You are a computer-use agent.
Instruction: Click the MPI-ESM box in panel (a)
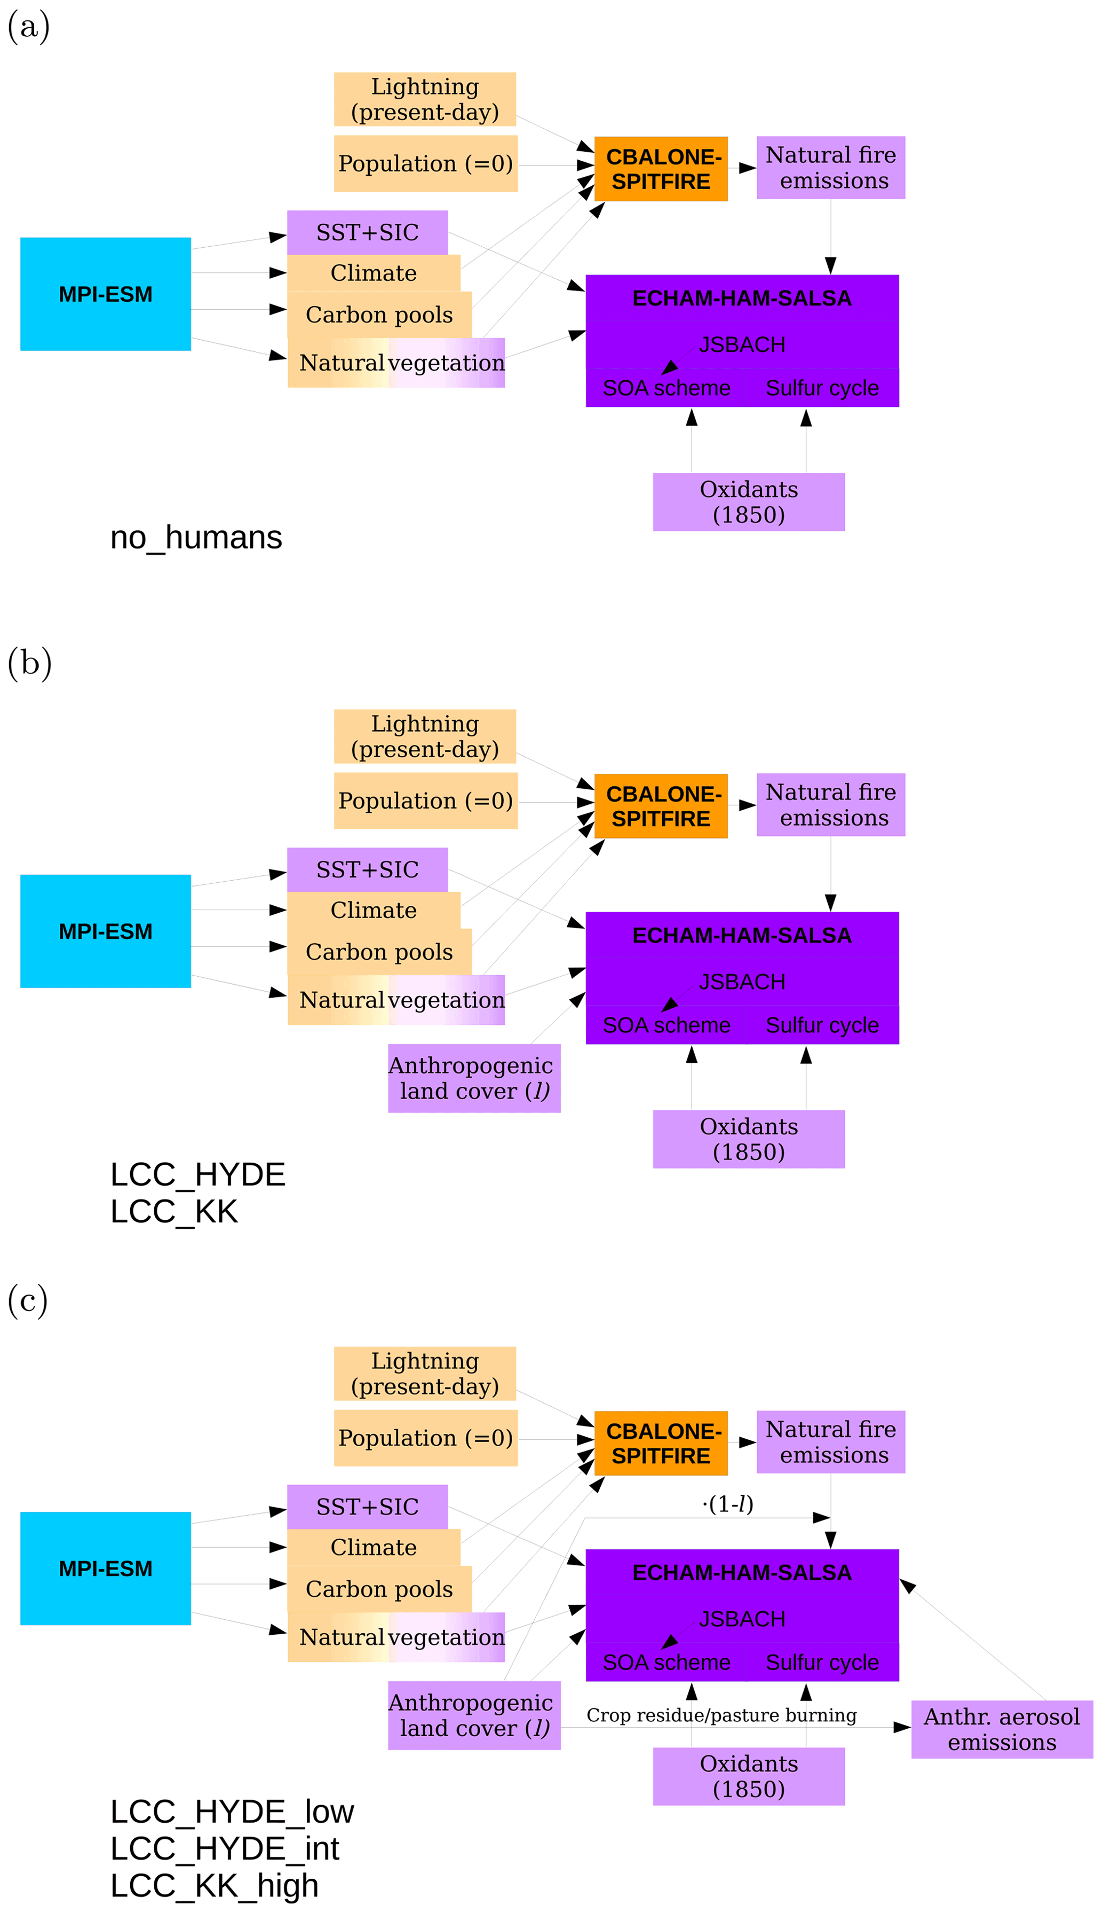[105, 294]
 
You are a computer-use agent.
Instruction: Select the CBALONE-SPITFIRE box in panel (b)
[661, 806]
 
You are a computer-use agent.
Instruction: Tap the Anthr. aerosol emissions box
[1002, 1729]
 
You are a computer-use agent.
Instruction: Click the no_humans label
[196, 537]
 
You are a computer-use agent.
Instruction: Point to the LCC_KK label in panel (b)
[174, 1211]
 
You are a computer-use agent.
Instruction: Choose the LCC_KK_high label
[215, 1885]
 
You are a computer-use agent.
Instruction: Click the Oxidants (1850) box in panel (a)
[749, 501]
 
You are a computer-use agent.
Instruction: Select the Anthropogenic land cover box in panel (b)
[474, 1078]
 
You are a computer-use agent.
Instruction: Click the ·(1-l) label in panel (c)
[728, 1504]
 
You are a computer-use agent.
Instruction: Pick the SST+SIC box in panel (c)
[368, 1506]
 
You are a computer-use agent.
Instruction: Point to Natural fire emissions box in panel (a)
[830, 168]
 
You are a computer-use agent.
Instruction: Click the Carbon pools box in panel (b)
[379, 952]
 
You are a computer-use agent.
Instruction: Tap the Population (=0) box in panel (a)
[426, 164]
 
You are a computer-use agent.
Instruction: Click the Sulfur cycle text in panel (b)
[822, 1025]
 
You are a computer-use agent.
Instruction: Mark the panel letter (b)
[29, 663]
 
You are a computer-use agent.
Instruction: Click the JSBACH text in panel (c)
[742, 1619]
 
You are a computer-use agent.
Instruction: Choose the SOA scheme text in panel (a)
[666, 388]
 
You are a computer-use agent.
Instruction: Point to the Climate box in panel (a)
[374, 273]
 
